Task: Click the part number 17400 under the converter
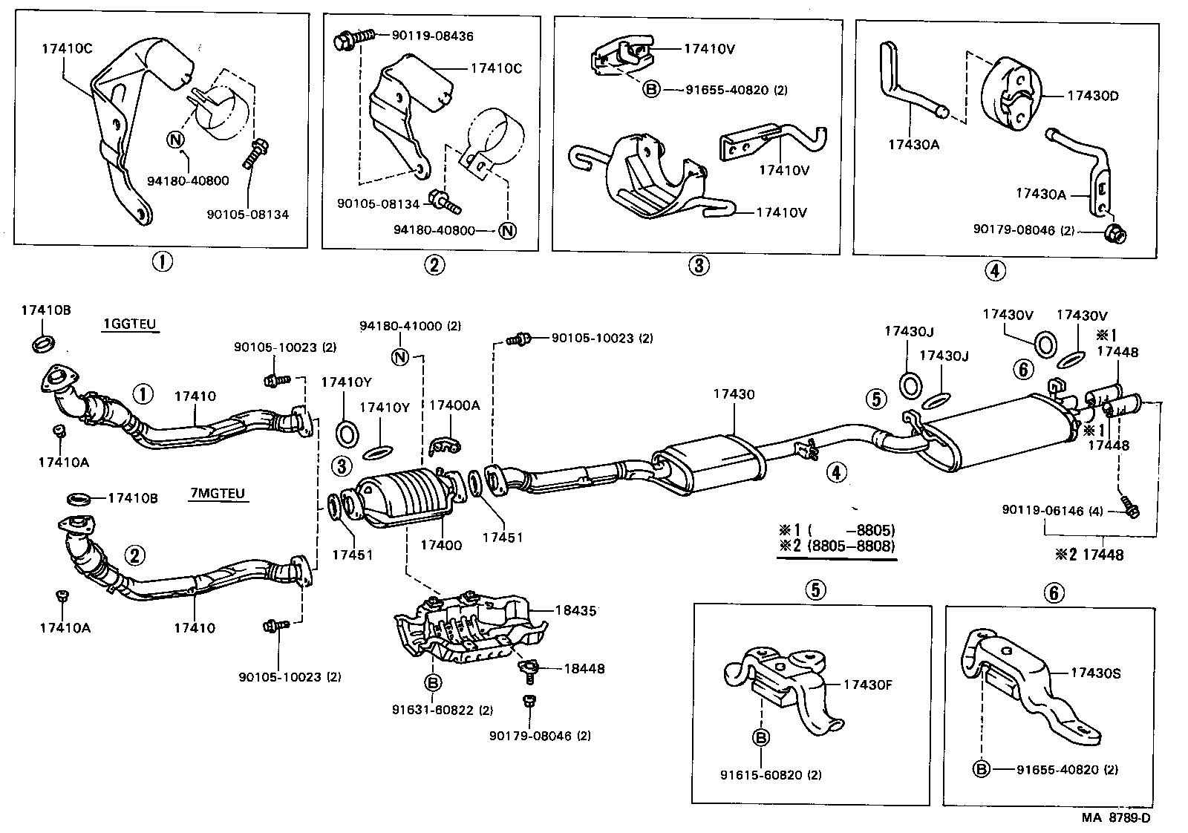[441, 545]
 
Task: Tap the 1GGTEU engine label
[131, 324]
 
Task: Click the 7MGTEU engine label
[217, 494]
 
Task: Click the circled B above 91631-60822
[433, 682]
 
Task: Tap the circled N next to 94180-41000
[400, 357]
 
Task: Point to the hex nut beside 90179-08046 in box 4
[1114, 235]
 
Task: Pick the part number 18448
[584, 669]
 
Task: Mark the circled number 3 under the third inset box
[699, 264]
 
